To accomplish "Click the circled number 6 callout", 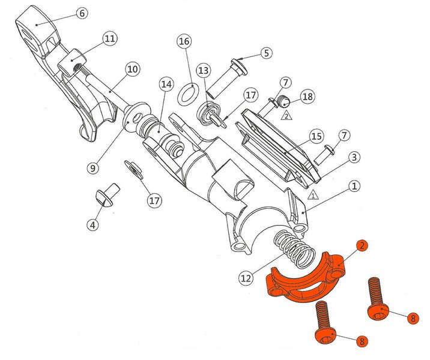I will point(82,13).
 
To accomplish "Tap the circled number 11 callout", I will point(109,39).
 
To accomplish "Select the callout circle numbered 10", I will point(133,69).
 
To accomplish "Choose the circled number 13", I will point(204,70).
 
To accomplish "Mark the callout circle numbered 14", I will point(166,85).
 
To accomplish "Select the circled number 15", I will point(317,137).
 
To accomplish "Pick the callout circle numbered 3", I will point(355,157).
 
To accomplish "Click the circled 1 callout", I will point(355,187).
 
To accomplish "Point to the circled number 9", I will point(92,169).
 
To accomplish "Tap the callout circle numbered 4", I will point(92,226).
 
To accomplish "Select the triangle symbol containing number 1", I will point(312,194).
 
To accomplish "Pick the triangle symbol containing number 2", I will point(286,116).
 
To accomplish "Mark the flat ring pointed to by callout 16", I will point(190,94).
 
